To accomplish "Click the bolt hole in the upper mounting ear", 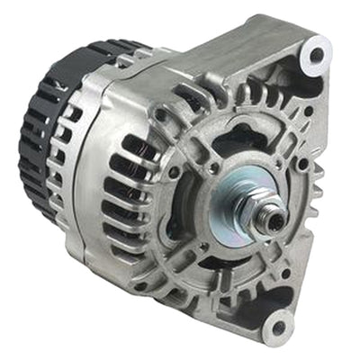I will point(315,56).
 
